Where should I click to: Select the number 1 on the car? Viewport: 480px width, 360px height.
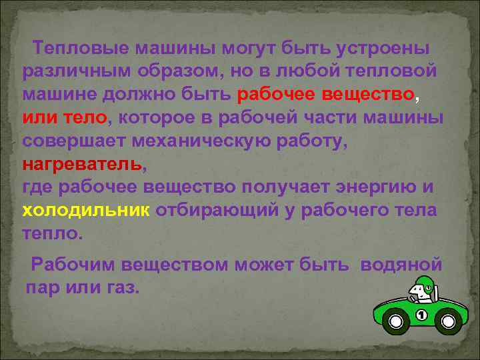pyautogui.click(x=421, y=314)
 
